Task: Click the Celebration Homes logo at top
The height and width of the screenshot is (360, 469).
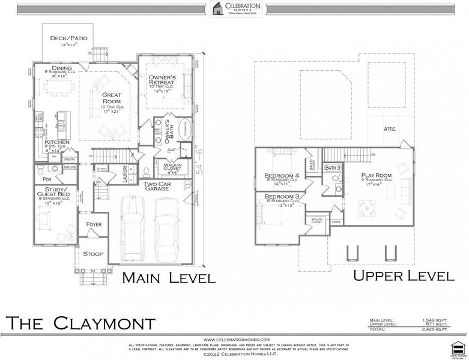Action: tap(234, 9)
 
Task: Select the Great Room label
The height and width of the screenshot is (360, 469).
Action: tap(112, 98)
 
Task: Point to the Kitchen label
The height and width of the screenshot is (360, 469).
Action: tap(56, 142)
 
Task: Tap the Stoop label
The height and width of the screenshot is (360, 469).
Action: tap(93, 254)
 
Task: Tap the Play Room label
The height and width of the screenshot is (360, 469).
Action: tap(376, 176)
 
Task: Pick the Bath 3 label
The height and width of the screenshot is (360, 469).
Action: tap(333, 168)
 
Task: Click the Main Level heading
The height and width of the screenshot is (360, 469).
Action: tap(169, 278)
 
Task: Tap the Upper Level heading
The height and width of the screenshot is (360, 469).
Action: tap(403, 276)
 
